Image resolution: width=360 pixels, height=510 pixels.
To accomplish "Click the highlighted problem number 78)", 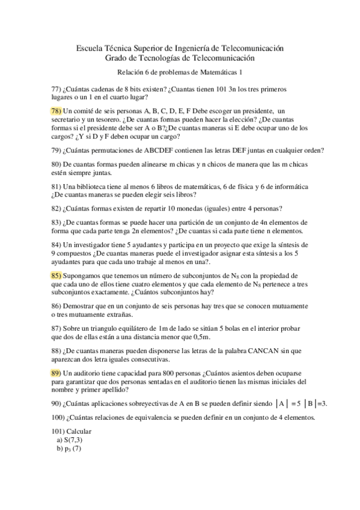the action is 56,111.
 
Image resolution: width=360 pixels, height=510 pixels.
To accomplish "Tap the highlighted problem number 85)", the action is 56,275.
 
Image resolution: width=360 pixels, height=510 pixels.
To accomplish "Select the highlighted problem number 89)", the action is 56,373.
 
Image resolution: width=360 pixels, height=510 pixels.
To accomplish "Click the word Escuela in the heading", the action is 90,48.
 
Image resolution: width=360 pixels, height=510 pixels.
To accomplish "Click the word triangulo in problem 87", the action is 102,328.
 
